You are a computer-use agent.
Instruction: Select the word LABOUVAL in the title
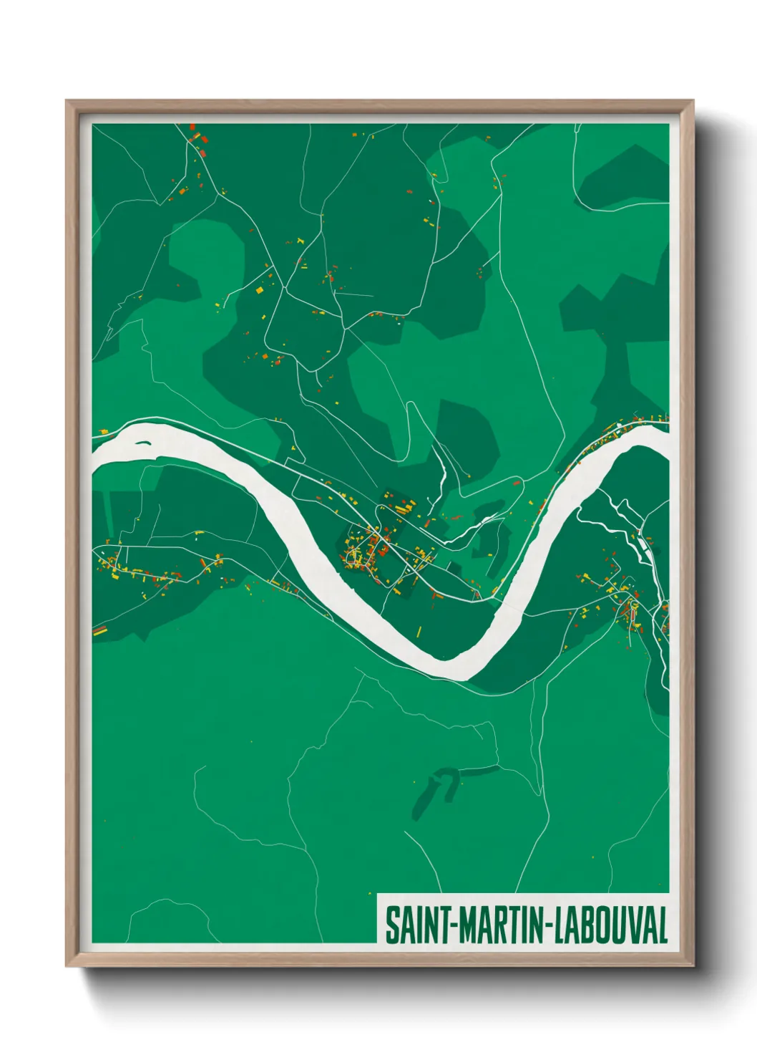click(610, 925)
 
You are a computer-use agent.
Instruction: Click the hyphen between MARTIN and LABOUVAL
click(548, 927)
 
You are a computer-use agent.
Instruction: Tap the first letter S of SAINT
click(391, 925)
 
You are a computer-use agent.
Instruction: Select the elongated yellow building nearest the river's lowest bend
click(419, 631)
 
